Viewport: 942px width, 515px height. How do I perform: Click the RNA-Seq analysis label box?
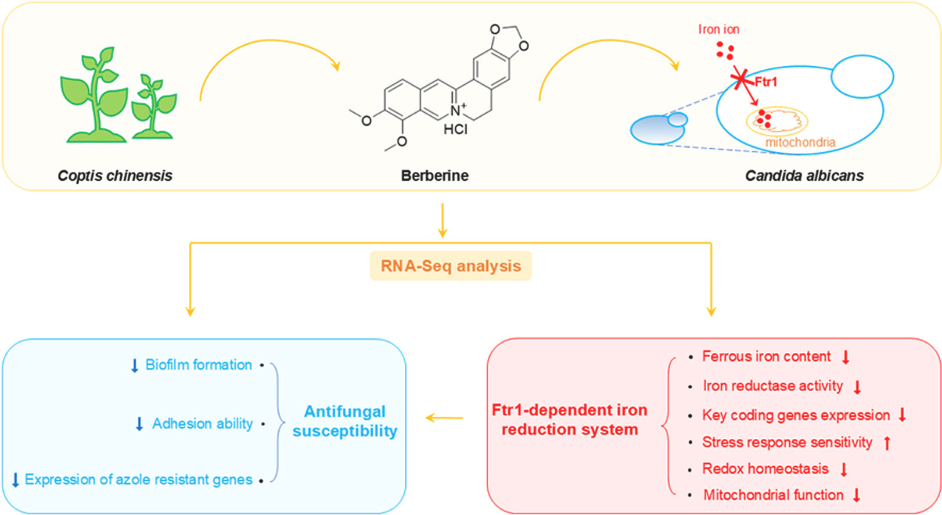point(451,266)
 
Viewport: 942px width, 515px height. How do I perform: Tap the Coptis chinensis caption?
point(115,176)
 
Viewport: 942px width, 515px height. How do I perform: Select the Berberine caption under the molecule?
point(434,176)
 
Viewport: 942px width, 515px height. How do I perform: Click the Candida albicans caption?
point(804,176)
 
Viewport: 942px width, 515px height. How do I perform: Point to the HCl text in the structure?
point(455,129)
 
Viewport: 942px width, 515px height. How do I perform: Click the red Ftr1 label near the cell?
point(765,82)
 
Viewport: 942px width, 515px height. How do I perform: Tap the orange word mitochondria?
point(800,142)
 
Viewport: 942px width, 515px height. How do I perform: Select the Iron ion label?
point(718,30)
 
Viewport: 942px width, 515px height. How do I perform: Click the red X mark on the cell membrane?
point(740,79)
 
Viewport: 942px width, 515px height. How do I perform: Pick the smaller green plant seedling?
point(153,108)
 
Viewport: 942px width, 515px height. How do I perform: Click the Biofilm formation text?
point(199,365)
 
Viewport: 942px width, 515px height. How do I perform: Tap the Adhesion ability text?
point(202,424)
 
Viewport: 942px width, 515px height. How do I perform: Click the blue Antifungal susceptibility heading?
point(345,421)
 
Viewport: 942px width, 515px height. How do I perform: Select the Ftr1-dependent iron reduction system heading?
point(569,420)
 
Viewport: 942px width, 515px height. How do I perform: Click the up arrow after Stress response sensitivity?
point(887,443)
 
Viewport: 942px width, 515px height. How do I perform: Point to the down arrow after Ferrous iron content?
point(846,357)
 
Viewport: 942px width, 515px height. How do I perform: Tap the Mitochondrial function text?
point(773,495)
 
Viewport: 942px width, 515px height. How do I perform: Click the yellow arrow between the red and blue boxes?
point(444,418)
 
